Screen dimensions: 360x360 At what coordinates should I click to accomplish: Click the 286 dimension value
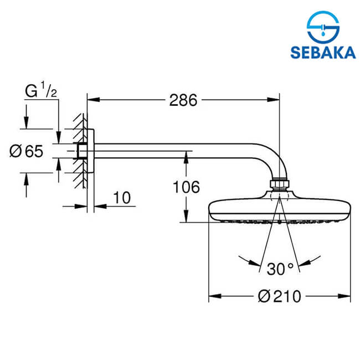[183, 100]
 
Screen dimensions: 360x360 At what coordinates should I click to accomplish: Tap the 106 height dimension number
[186, 187]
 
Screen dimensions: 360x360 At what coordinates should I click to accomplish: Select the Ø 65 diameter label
[27, 151]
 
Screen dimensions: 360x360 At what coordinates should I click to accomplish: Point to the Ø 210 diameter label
[279, 296]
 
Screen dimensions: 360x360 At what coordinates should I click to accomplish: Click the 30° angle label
[280, 269]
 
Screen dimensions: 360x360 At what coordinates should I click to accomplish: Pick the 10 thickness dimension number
[122, 198]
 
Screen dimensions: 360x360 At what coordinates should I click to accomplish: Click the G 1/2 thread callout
[41, 90]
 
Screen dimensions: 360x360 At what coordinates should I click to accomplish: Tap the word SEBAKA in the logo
[323, 53]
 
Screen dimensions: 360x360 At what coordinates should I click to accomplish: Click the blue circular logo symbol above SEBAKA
[323, 27]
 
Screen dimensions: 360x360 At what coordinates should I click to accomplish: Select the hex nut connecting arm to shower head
[279, 184]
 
